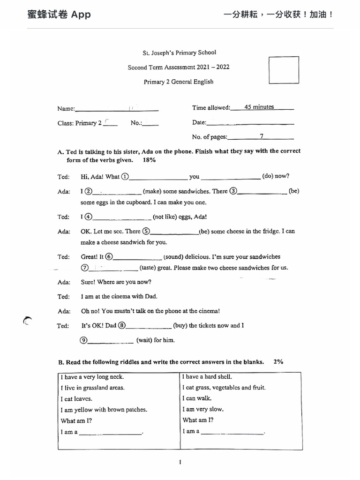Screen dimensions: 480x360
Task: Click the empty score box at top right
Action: pyautogui.click(x=284, y=70)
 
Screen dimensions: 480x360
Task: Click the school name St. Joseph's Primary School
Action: pyautogui.click(x=180, y=52)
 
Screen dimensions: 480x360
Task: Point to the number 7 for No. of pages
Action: pyautogui.click(x=262, y=136)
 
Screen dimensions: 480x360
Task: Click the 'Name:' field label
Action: pyautogui.click(x=66, y=109)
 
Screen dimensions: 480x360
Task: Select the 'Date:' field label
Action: pyautogui.click(x=199, y=122)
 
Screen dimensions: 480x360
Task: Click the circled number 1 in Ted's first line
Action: pyautogui.click(x=125, y=177)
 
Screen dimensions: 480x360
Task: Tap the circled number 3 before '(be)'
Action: pyautogui.click(x=233, y=191)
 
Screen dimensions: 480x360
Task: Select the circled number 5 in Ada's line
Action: pyautogui.click(x=146, y=231)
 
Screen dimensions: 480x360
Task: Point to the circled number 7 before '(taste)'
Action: pyautogui.click(x=85, y=268)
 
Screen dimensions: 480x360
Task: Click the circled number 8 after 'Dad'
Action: pyautogui.click(x=122, y=325)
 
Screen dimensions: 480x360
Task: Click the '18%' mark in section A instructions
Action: pyautogui.click(x=149, y=160)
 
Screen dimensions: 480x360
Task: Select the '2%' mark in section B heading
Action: pyautogui.click(x=278, y=362)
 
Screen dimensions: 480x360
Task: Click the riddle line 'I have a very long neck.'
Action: pyautogui.click(x=92, y=377)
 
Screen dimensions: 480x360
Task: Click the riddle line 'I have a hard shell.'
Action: pyautogui.click(x=207, y=376)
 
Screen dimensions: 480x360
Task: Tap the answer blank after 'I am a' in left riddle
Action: pyautogui.click(x=110, y=432)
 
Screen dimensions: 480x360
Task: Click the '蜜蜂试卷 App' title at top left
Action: pyautogui.click(x=59, y=15)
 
